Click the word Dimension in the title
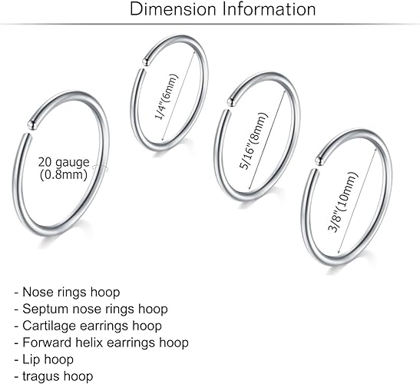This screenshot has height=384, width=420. click(173, 9)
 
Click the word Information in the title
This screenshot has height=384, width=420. click(270, 9)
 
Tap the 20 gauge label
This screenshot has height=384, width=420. click(64, 162)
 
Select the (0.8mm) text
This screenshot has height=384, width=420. click(64, 174)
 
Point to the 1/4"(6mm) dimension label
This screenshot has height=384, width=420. click(167, 97)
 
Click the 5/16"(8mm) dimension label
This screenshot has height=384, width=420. click(253, 141)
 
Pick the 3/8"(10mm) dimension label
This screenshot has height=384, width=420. click(343, 202)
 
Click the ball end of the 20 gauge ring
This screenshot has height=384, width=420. click(32, 124)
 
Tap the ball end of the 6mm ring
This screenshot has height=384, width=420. click(146, 62)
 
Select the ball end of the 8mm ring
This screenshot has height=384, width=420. click(231, 102)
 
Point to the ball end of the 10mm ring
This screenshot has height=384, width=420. click(319, 161)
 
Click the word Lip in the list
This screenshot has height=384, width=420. click(29, 359)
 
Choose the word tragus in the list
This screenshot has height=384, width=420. click(39, 377)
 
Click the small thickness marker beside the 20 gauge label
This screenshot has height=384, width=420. click(100, 168)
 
